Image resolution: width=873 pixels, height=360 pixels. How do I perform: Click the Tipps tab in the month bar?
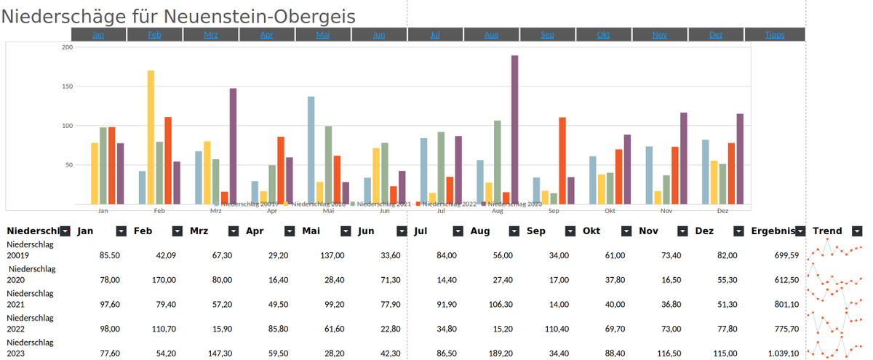pyautogui.click(x=775, y=34)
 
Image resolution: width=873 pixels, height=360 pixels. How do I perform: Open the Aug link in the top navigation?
pyautogui.click(x=491, y=34)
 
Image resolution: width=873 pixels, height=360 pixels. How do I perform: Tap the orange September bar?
pyautogui.click(x=562, y=160)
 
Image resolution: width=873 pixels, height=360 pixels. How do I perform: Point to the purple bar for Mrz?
pyautogui.click(x=233, y=145)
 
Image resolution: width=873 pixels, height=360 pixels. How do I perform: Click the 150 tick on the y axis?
pyautogui.click(x=68, y=87)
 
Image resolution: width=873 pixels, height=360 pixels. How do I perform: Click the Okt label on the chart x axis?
pyautogui.click(x=610, y=211)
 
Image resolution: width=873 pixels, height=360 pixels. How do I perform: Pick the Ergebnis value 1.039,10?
pyautogui.click(x=782, y=353)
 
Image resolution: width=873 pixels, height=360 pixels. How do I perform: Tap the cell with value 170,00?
pyautogui.click(x=162, y=280)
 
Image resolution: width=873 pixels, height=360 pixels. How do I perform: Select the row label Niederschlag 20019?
pyautogui.click(x=31, y=249)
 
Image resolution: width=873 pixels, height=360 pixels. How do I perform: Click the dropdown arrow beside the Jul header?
pyautogui.click(x=458, y=231)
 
